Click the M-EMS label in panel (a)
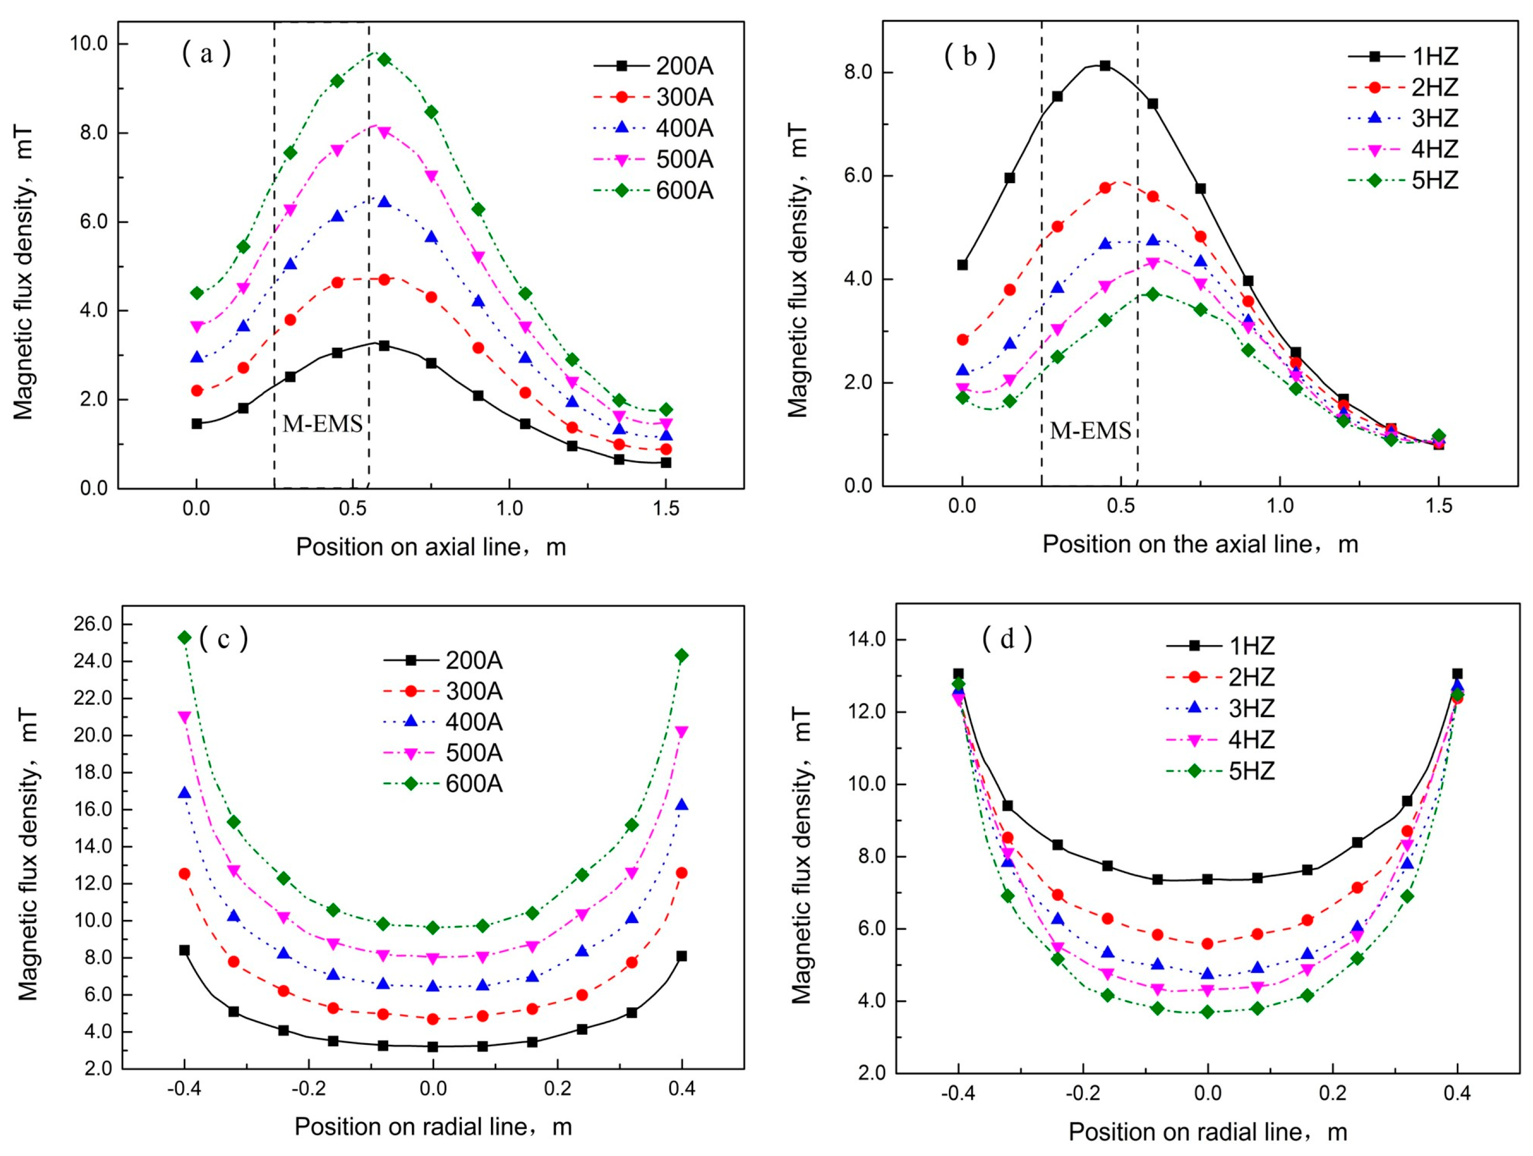click(322, 424)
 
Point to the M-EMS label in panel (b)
click(1090, 431)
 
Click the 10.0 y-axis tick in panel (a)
click(89, 43)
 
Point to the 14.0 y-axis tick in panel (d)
click(868, 640)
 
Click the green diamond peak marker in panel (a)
click(384, 60)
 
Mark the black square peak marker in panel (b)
click(1105, 66)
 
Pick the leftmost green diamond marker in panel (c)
click(184, 638)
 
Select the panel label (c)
click(223, 638)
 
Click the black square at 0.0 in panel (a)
click(197, 424)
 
